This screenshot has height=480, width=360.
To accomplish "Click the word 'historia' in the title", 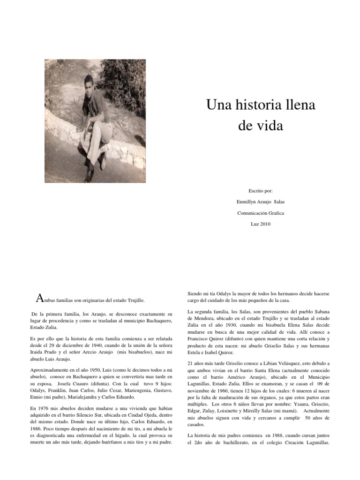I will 253,105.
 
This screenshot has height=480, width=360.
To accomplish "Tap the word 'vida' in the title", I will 270,126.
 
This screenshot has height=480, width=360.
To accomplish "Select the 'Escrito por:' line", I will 261,191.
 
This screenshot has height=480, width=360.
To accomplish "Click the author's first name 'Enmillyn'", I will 247,202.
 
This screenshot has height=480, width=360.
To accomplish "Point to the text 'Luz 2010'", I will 261,224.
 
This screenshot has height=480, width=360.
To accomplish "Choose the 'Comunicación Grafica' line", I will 261,213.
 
